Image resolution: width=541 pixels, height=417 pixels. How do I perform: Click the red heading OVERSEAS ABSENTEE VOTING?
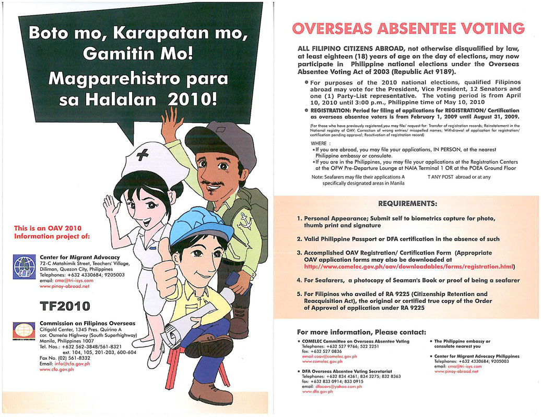coord(408,28)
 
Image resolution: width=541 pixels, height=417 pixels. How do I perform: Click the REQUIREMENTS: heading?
coord(407,203)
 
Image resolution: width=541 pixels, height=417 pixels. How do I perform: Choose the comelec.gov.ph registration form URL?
coord(409,266)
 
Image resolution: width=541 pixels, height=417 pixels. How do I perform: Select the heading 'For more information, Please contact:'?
coord(361,332)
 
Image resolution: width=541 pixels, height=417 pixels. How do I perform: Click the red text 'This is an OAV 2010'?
coord(48,228)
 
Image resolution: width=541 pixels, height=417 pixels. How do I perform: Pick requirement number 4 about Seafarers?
coord(408,280)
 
